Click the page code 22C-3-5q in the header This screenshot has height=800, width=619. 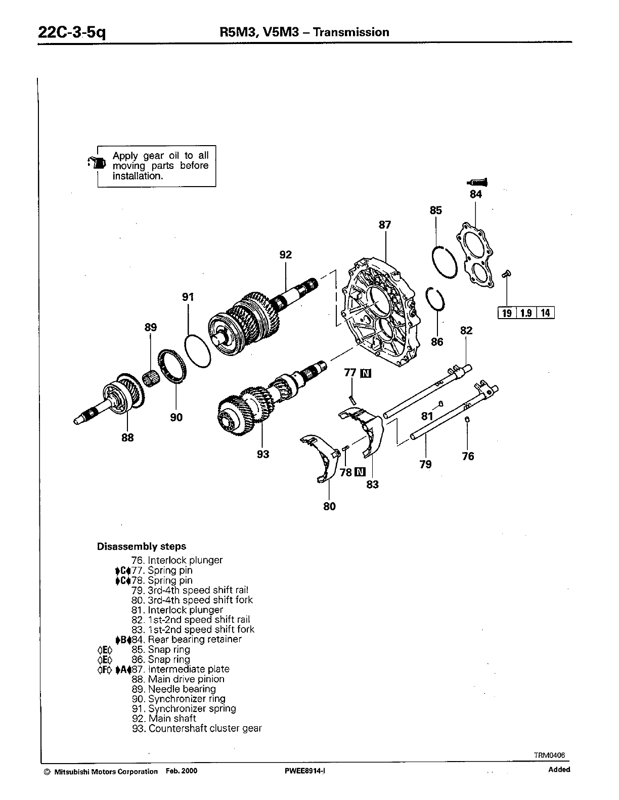point(72,33)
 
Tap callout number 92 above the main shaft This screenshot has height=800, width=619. point(286,254)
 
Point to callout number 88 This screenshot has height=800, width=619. point(127,437)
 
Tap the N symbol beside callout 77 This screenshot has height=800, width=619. point(365,373)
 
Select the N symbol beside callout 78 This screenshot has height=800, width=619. point(360,472)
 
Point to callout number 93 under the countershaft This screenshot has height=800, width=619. point(263,454)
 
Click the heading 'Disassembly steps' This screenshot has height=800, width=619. point(141,546)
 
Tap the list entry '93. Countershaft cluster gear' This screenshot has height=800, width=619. point(197,728)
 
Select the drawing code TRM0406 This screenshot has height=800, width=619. point(550,755)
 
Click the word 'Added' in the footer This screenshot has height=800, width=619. point(559,770)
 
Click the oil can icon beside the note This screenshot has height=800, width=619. point(98,162)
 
